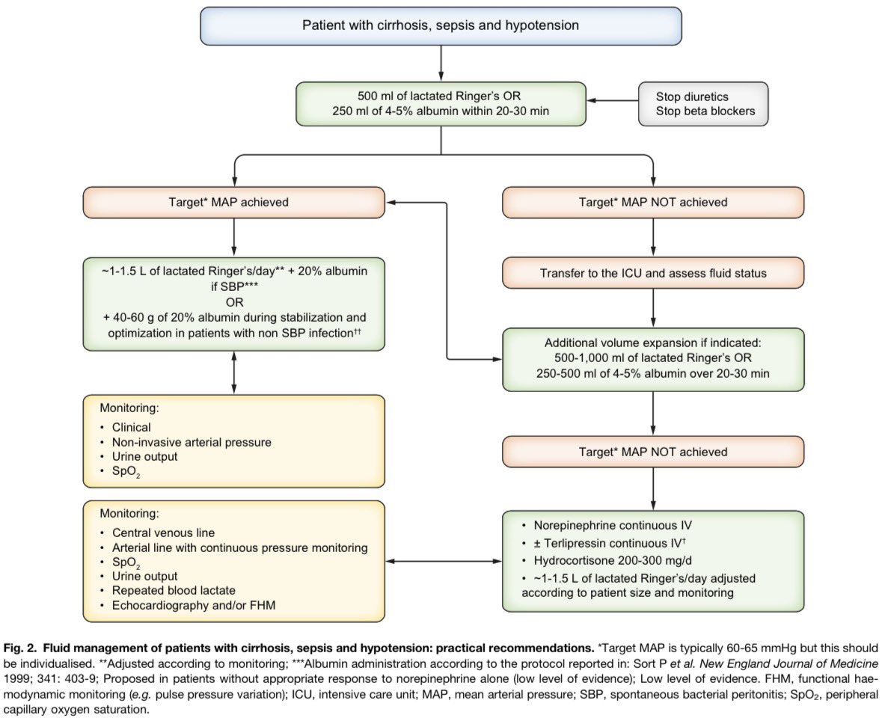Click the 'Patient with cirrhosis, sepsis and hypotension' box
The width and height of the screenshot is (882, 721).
click(441, 26)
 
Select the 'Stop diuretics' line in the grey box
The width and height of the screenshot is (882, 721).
click(692, 96)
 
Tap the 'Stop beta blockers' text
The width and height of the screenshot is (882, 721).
click(705, 111)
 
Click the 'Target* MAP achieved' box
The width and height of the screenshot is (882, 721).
click(234, 203)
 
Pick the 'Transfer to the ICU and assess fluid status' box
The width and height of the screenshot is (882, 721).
click(653, 273)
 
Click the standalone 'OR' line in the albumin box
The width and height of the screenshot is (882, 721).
click(235, 303)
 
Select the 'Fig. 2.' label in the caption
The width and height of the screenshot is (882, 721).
click(20, 648)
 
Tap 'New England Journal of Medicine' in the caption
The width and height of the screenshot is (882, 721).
click(788, 663)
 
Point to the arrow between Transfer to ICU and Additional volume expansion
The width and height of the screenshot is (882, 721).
click(653, 309)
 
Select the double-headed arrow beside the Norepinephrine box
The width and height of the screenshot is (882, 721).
click(444, 561)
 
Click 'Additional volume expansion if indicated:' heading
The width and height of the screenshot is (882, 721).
click(652, 343)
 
